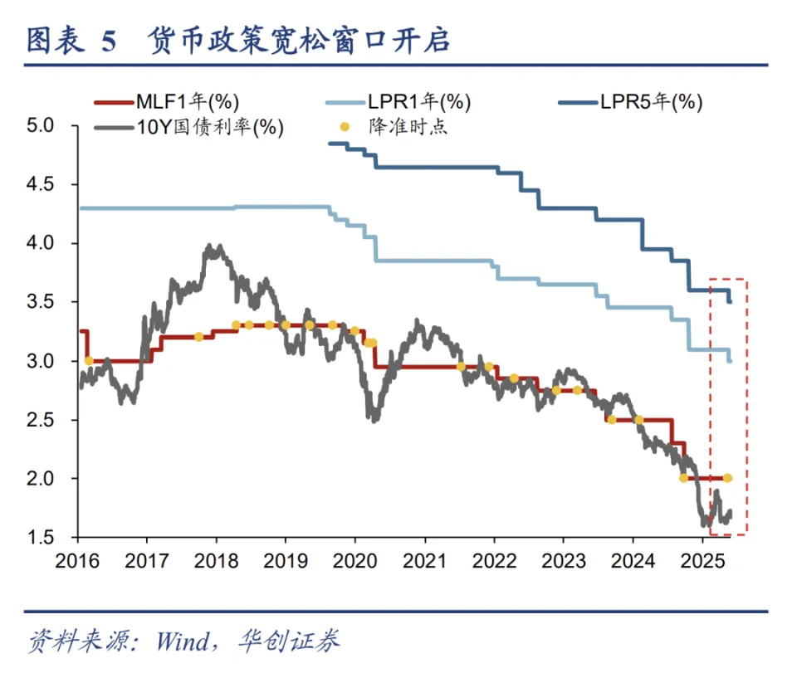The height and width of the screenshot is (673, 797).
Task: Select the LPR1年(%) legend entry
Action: pos(418,102)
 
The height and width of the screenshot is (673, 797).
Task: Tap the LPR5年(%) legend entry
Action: pos(651,102)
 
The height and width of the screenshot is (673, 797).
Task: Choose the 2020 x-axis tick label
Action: pos(354,560)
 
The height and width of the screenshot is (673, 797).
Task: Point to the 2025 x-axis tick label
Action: pos(702,560)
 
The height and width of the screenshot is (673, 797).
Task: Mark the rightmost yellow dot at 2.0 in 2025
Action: pos(727,478)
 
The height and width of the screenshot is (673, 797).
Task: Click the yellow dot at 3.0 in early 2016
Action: pos(89,361)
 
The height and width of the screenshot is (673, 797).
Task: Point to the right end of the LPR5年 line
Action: pos(730,301)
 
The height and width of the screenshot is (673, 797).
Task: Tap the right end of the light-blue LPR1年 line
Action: pos(730,360)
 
